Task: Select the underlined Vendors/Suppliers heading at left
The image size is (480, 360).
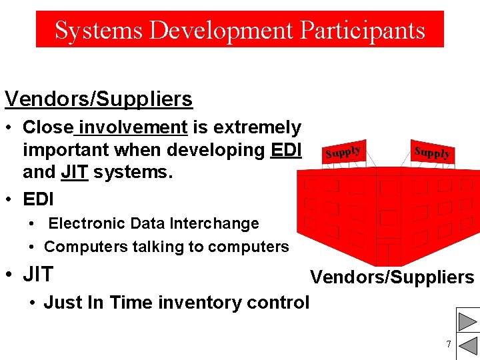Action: (99, 99)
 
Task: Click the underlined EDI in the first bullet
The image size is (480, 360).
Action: (287, 150)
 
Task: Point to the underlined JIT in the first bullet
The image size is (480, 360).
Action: (74, 173)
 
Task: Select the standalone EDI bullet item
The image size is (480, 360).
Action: (39, 199)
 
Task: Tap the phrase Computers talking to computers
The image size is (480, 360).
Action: (166, 247)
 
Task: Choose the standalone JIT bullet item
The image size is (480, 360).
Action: (38, 275)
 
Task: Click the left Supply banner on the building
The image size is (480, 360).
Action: (343, 152)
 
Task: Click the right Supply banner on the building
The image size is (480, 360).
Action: (431, 152)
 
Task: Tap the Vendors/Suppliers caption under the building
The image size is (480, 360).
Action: (392, 277)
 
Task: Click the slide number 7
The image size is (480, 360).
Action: (449, 344)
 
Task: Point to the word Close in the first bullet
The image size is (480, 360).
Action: (47, 127)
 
